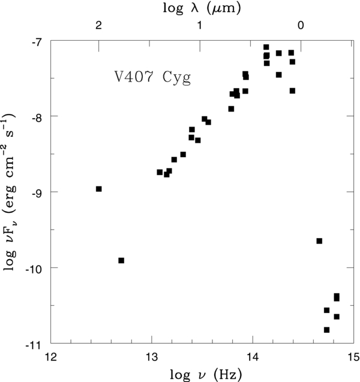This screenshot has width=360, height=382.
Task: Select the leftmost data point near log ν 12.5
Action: tap(99, 189)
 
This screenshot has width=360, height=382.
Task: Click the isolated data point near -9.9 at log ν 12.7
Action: tap(121, 260)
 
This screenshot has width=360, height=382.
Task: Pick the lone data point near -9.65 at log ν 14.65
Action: tap(319, 241)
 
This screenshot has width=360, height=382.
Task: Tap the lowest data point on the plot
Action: tap(326, 330)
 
